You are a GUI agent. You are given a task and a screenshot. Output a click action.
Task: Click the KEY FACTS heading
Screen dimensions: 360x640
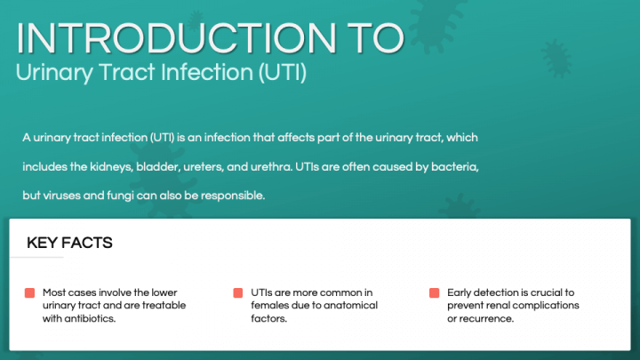click(x=69, y=243)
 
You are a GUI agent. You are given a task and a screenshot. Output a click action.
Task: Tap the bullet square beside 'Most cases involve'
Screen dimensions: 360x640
click(x=30, y=293)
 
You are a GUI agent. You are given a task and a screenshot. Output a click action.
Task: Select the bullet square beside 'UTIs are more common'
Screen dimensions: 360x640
click(x=238, y=293)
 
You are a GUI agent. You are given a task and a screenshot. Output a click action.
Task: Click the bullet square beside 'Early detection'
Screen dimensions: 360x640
click(x=434, y=293)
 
